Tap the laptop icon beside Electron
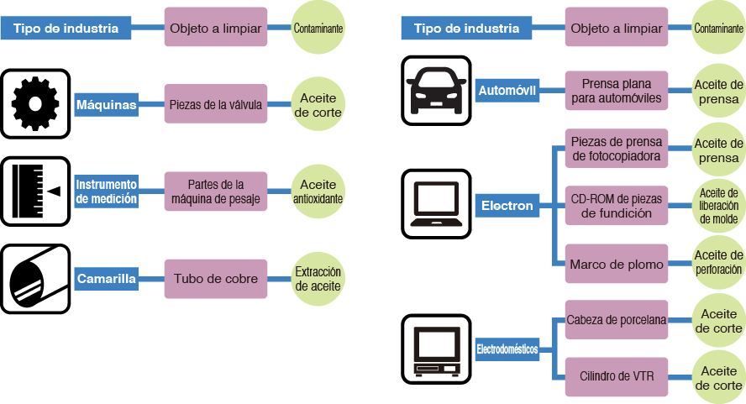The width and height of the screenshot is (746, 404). click(x=435, y=204)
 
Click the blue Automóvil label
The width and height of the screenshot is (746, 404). click(x=507, y=90)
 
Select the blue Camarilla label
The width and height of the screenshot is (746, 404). click(x=107, y=279)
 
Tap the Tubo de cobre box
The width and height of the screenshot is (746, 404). click(x=216, y=278)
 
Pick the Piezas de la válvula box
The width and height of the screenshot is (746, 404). click(x=216, y=104)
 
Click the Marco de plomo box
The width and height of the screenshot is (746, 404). click(x=617, y=264)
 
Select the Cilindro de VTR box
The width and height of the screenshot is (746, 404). click(x=617, y=375)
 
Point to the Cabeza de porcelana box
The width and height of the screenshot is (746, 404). click(x=617, y=320)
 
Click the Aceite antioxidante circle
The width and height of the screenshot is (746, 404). click(x=318, y=192)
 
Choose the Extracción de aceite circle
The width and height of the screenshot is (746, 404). click(x=318, y=279)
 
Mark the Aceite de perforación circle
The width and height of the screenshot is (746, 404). click(x=718, y=263)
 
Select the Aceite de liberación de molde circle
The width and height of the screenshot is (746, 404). click(x=718, y=206)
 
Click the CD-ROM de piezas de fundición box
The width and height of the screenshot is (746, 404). click(x=617, y=206)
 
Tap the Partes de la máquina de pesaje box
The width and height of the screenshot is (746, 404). click(x=216, y=192)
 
